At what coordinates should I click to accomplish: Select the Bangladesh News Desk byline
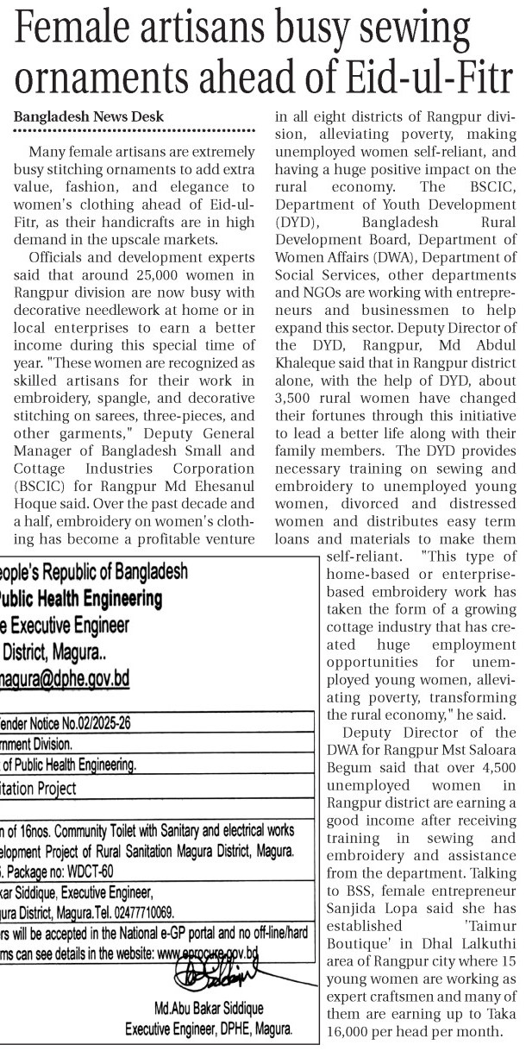tap(89, 117)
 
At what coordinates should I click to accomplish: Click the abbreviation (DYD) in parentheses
tap(295, 223)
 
